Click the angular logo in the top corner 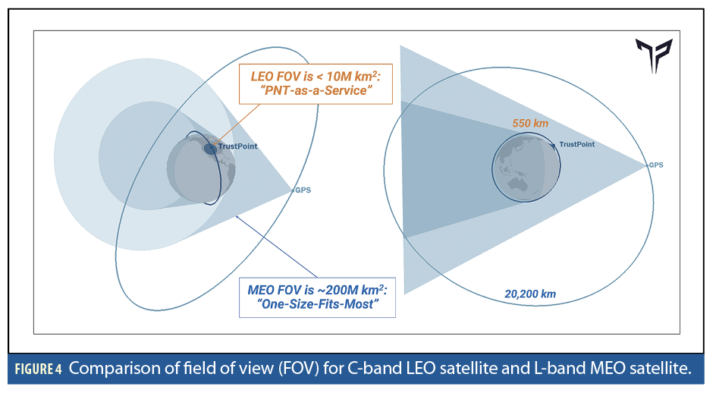pyautogui.click(x=655, y=56)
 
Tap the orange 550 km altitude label pyautogui.click(x=530, y=122)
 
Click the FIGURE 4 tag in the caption pyautogui.click(x=39, y=370)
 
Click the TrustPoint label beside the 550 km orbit pyautogui.click(x=576, y=144)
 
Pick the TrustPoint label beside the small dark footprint pyautogui.click(x=238, y=146)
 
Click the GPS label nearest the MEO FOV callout pyautogui.click(x=303, y=190)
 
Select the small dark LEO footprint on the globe pyautogui.click(x=210, y=149)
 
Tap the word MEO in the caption pyautogui.click(x=615, y=370)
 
